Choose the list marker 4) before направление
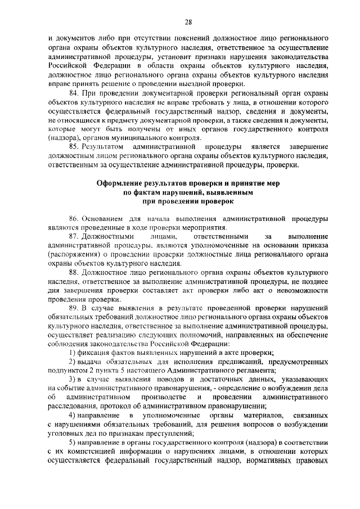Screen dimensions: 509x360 (x=73, y=415)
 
